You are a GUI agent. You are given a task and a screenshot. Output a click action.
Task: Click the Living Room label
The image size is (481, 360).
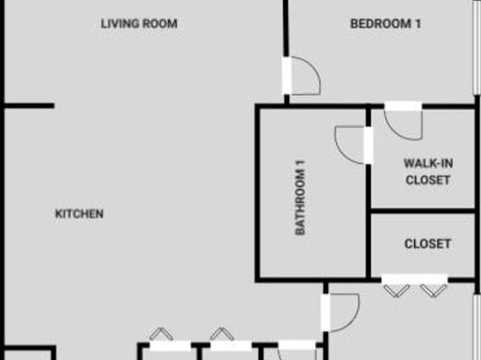click(x=139, y=23)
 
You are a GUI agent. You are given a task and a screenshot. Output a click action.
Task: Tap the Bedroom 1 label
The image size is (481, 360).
click(x=386, y=23)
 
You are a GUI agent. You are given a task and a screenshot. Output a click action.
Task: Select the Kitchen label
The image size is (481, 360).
click(x=79, y=214)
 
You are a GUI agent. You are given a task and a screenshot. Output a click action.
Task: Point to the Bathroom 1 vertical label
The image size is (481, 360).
click(x=300, y=198)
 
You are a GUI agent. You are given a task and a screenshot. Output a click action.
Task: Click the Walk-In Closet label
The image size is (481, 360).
click(x=429, y=172)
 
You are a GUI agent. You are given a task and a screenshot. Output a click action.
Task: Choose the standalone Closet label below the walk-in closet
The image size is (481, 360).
click(x=428, y=244)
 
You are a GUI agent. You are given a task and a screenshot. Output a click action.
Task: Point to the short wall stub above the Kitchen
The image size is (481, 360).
click(x=29, y=106)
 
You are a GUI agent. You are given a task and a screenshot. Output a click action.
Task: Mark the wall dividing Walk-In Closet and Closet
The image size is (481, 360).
click(x=423, y=211)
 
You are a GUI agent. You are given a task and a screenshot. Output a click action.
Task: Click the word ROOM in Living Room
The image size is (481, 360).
click(x=160, y=23)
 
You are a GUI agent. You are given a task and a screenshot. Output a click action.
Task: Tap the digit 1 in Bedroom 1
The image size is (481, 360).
click(x=418, y=23)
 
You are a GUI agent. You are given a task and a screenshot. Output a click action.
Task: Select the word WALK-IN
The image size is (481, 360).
click(x=429, y=163)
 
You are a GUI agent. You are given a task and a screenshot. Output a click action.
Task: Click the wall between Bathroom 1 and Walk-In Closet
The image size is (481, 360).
click(x=369, y=192)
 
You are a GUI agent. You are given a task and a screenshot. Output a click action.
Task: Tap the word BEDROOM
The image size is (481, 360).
click(x=381, y=23)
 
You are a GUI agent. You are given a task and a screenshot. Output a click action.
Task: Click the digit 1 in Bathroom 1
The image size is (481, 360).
click(x=300, y=163)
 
